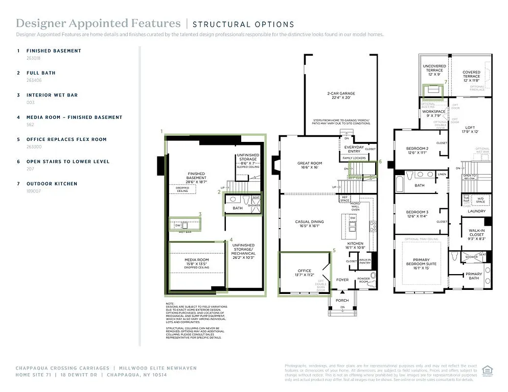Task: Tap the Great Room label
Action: (310, 165)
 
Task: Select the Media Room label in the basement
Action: (197, 261)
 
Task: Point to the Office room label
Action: (305, 273)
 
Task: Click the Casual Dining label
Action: (310, 223)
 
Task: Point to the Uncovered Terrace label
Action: (434, 68)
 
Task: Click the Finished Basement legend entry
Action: (54, 51)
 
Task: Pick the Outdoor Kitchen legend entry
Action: (52, 184)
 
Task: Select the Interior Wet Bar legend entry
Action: (52, 95)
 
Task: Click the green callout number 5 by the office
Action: (334, 251)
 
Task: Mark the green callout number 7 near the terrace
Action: (446, 82)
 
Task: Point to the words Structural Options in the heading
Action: (243, 24)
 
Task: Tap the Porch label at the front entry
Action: (342, 300)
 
